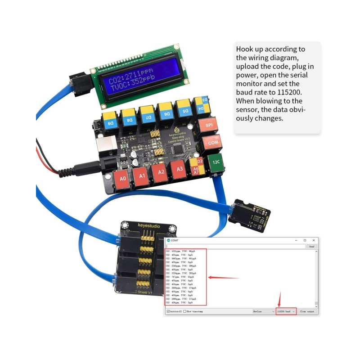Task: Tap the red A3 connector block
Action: point(179,170)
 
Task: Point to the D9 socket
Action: point(110,121)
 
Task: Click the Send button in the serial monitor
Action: point(311,247)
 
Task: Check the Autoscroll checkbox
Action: point(168,311)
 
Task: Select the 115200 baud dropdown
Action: point(286,311)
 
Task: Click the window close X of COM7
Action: point(313,241)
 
